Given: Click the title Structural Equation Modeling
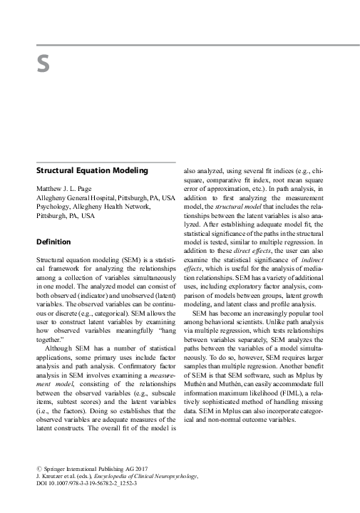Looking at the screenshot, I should click(86, 171).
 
